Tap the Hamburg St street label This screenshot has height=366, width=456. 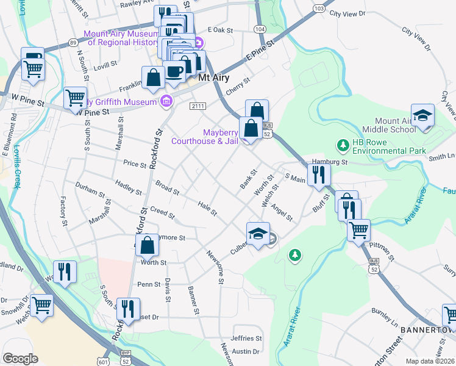click(329, 162)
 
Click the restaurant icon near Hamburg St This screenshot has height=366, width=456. click(318, 175)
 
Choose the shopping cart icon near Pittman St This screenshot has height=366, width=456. click(358, 230)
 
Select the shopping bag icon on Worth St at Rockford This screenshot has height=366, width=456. click(148, 246)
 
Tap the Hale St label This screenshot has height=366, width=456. click(207, 209)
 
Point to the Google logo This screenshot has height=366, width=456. click(20, 359)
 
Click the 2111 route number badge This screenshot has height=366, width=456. click(197, 106)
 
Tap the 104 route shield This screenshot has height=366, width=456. click(260, 29)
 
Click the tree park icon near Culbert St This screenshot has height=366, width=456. click(295, 254)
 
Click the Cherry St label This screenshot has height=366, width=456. click(238, 85)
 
